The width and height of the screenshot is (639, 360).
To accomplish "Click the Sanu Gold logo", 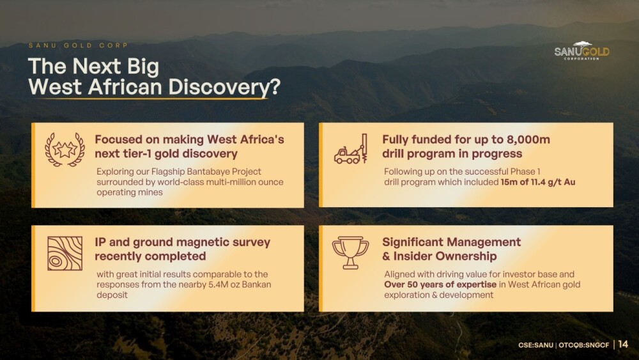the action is (581, 51).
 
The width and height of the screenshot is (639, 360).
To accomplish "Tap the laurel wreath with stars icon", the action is (65, 150).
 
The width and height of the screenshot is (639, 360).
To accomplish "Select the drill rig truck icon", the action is (351, 149).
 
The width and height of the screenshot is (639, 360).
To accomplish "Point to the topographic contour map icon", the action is (65, 253).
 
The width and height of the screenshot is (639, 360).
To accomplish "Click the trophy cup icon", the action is (350, 253).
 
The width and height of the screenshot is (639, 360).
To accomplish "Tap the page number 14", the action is (623, 344).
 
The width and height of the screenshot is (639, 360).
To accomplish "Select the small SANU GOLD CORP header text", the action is (78, 45).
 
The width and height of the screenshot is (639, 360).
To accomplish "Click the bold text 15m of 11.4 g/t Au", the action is (538, 182).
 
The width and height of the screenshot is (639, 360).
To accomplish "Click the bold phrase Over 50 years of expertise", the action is (440, 284).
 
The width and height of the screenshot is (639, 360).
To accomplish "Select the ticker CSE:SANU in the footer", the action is (535, 345).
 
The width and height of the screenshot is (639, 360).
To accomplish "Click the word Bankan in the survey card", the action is (256, 284).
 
